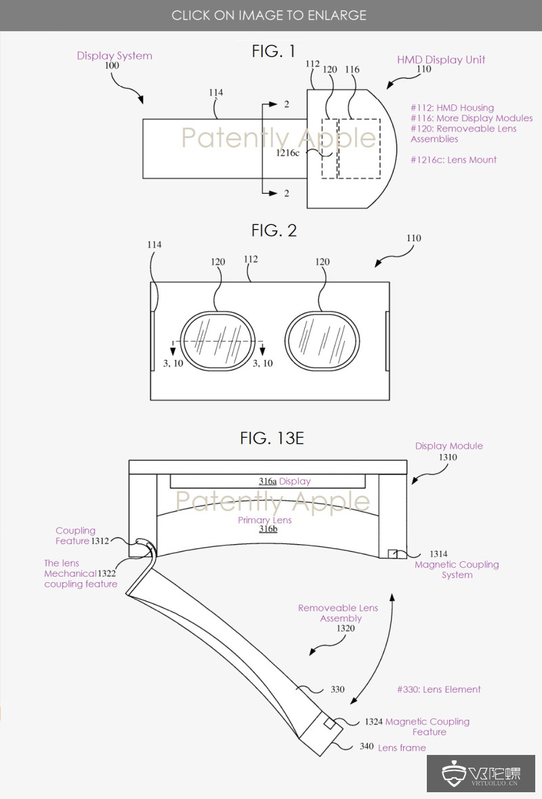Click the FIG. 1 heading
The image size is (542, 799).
(274, 52)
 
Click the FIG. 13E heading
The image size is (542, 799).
(272, 438)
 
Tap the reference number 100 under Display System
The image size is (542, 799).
(111, 66)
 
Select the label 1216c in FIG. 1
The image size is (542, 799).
(287, 153)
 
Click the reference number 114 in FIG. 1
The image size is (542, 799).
(216, 93)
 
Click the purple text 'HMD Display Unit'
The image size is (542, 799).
(440, 60)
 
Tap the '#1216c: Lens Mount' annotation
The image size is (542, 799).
(453, 160)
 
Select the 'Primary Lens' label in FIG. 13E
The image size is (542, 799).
(264, 520)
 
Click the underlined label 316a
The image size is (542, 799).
(268, 481)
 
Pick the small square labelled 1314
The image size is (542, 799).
(393, 554)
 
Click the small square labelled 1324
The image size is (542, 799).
(329, 724)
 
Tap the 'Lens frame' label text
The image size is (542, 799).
(402, 747)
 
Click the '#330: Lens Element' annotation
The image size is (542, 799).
(438, 689)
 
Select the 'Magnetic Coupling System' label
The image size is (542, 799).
(457, 569)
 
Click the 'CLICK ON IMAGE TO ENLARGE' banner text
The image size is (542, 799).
(269, 15)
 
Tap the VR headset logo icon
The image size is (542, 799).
(453, 773)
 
